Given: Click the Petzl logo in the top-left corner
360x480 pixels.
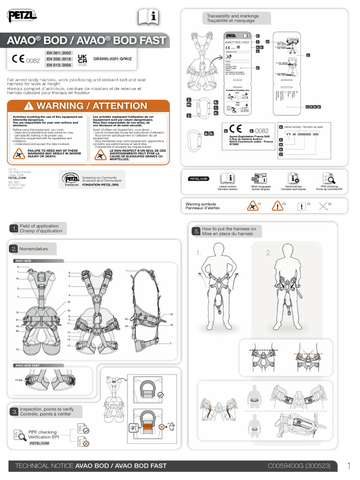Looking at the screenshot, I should tap(22, 16).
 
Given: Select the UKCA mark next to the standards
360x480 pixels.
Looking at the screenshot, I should tap(82, 60).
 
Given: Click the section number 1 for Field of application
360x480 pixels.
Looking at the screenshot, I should tap(14, 228).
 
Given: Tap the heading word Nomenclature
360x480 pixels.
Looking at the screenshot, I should tap(34, 249).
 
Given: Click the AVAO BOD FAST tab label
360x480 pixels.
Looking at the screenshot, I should tap(28, 365).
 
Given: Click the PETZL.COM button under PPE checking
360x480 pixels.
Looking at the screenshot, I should tap(39, 443).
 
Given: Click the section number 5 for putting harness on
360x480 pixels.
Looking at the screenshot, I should tap(196, 231).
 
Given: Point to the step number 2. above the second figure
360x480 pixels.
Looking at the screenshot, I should tap(269, 253).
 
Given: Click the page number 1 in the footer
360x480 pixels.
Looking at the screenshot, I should tap(349, 466).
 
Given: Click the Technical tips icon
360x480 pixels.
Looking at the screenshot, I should tap(294, 178).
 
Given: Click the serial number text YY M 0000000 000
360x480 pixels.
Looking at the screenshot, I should tap(302, 134).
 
